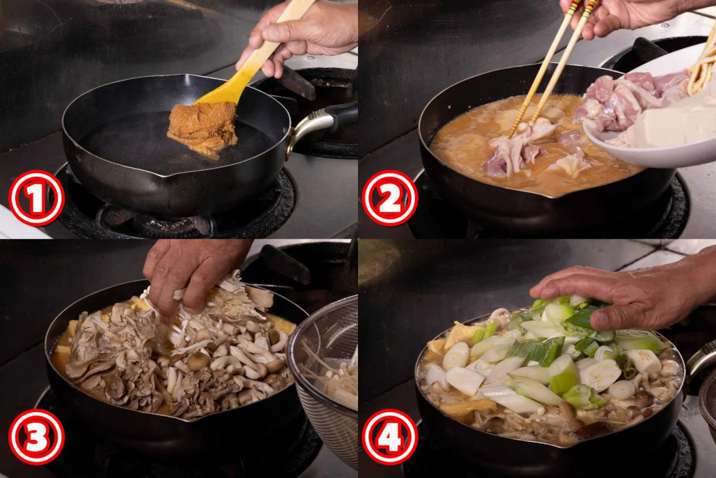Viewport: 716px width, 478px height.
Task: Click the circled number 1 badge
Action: coord(36,198)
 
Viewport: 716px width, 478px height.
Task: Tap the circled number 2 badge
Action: coord(390,198)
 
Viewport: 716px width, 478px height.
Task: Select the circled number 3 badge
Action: coord(36,437)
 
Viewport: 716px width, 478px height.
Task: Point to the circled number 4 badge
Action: coord(390,437)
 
